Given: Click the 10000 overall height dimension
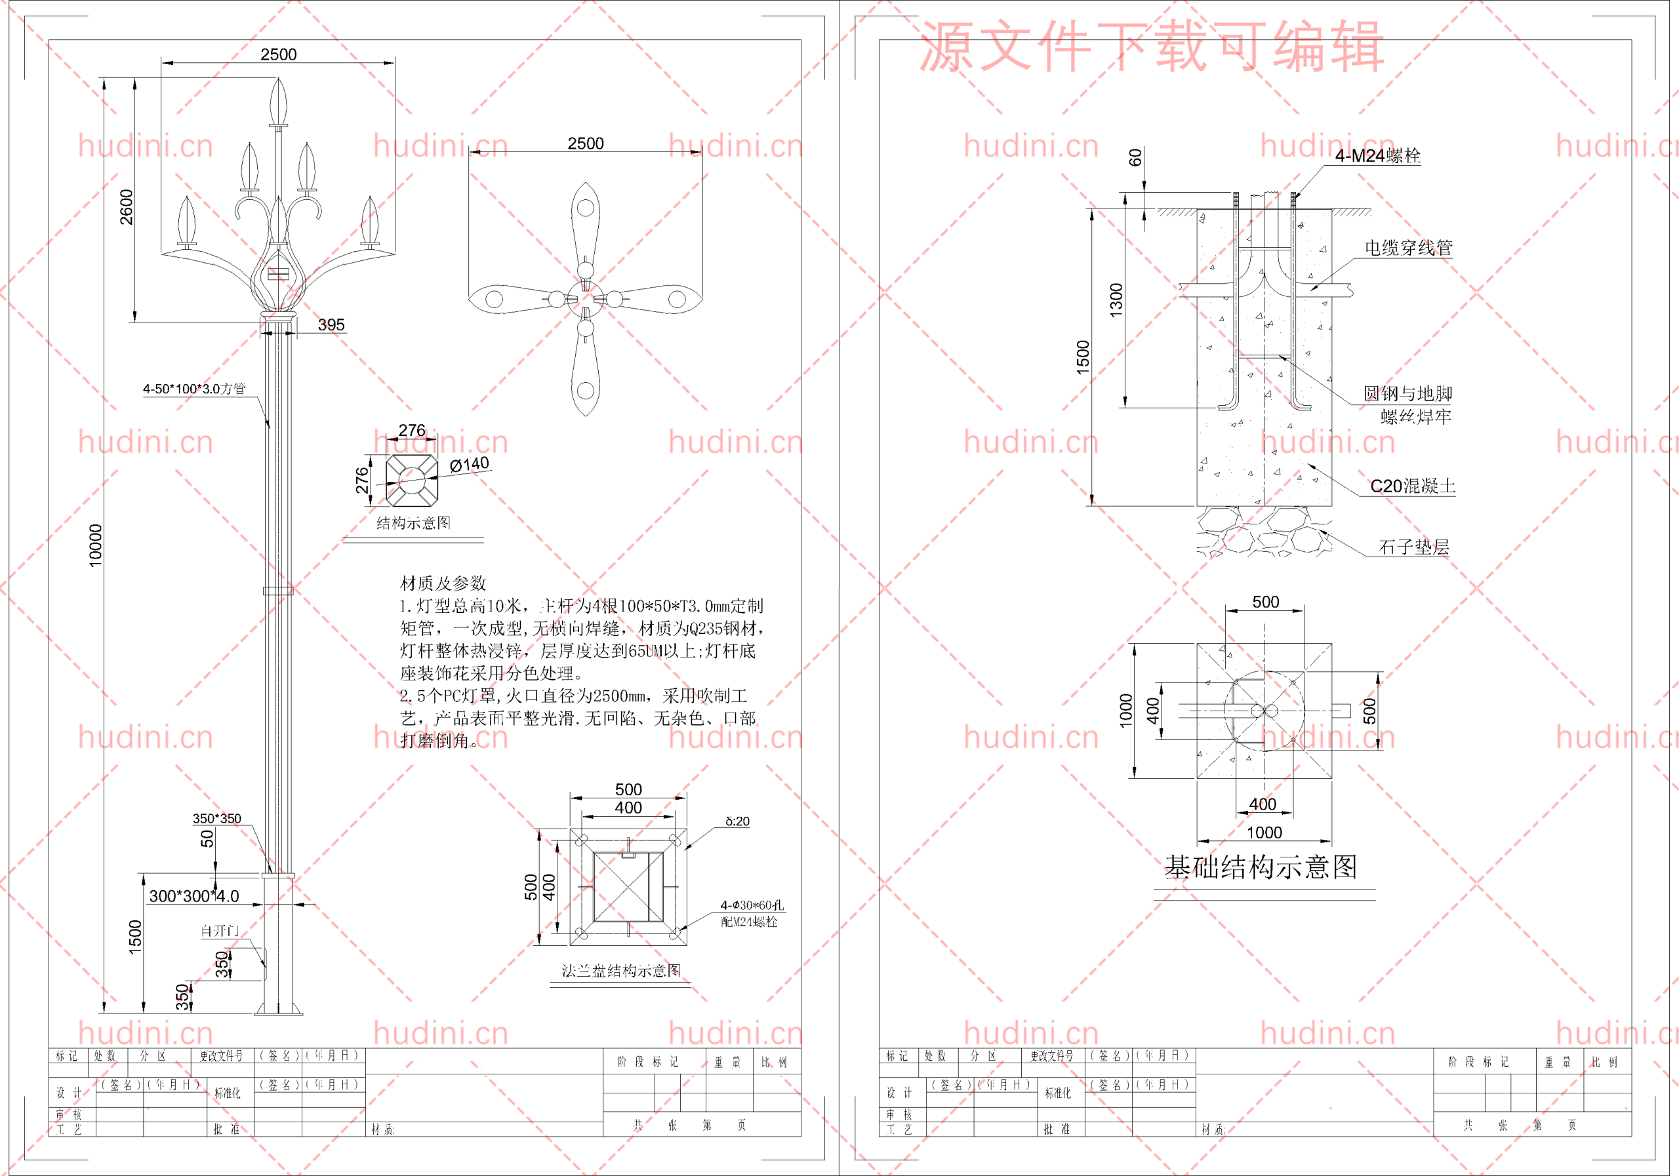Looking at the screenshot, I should (x=96, y=545).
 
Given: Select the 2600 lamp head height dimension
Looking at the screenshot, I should (x=127, y=207).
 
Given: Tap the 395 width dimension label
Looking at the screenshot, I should (x=331, y=324).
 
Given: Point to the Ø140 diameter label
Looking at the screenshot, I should (x=470, y=465).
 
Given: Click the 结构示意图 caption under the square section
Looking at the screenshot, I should (x=413, y=523).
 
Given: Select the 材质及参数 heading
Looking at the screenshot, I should (x=443, y=583).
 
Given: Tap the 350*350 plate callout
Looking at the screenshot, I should (x=216, y=819).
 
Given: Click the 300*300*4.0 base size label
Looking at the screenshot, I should (x=193, y=896).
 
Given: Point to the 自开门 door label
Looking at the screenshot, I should (x=219, y=931).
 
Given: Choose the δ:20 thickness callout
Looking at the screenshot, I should (x=737, y=821).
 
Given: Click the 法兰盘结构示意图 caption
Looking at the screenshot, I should (x=621, y=971).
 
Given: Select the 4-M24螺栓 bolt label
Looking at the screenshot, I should (x=1377, y=155).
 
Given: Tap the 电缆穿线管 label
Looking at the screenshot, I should (x=1408, y=248).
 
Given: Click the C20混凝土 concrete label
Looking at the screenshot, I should (x=1412, y=486).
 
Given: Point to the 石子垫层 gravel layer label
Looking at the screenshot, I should (x=1413, y=547).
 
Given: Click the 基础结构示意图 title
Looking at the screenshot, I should (x=1261, y=867).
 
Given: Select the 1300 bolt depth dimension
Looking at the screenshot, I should (x=1116, y=300).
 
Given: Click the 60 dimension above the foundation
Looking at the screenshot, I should (x=1135, y=157).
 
